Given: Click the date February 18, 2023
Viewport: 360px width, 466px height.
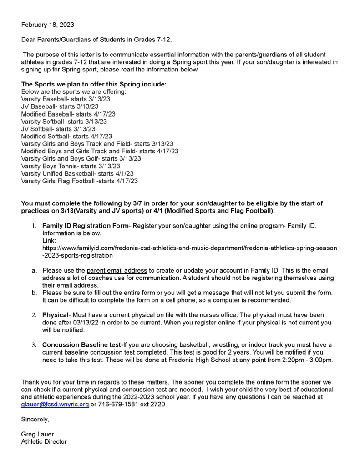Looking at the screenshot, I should (47, 25).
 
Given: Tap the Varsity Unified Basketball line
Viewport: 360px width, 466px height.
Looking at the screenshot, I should (77, 173).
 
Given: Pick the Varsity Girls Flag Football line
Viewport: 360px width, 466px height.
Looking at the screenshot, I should (80, 181).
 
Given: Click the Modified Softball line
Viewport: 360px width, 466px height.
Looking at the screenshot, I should (66, 136).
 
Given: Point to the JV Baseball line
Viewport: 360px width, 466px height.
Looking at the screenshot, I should (60, 106).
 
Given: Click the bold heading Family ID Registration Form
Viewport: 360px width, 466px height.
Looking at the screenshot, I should (85, 226).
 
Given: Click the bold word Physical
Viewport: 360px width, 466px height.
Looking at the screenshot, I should (56, 315).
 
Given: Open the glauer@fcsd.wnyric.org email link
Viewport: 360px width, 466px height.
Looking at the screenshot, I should (55, 405).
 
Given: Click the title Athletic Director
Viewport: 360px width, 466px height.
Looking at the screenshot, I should (44, 441).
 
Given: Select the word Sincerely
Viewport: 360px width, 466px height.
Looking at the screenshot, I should (35, 419).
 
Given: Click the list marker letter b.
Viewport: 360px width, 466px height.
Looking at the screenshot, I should (34, 293).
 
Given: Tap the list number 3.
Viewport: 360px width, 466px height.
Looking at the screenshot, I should (34, 344).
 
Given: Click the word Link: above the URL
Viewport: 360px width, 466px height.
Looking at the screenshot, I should (49, 240).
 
